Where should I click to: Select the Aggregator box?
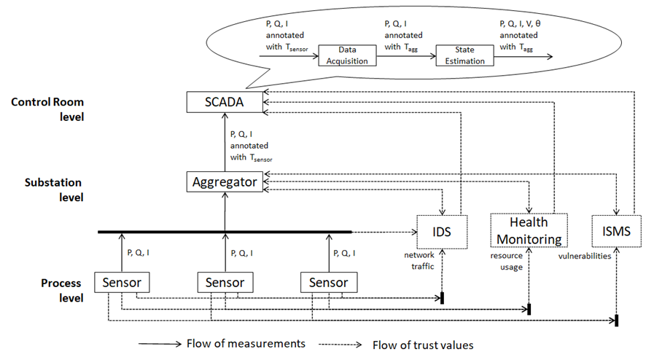tap(224, 182)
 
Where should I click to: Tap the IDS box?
tap(440, 232)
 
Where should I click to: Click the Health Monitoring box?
tap(528, 230)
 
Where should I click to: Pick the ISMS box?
tap(617, 232)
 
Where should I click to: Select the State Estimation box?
tap(464, 55)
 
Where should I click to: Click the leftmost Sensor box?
tap(122, 281)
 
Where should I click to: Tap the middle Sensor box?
tap(225, 281)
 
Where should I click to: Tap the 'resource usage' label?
tap(508, 261)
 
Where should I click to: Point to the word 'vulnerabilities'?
tap(585, 257)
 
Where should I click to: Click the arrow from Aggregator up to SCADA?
tap(224, 142)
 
